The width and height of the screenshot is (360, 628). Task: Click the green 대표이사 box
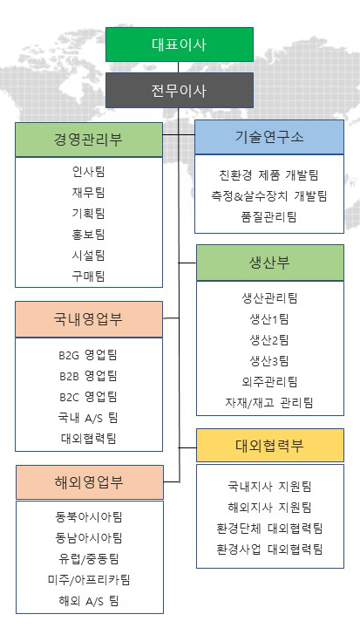(x=180, y=44)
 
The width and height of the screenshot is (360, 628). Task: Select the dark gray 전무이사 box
(x=180, y=90)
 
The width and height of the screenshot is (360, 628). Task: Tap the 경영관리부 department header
(x=89, y=140)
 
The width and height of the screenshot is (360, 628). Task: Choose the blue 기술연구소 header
(x=269, y=138)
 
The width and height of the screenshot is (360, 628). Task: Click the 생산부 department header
(x=270, y=263)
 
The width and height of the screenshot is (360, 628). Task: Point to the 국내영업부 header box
(x=89, y=319)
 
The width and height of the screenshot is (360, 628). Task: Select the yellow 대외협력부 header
(x=270, y=446)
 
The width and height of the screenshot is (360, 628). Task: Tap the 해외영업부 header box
(x=90, y=482)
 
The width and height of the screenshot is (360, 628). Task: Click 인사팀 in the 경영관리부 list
(x=89, y=172)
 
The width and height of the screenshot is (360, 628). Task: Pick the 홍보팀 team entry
(x=89, y=235)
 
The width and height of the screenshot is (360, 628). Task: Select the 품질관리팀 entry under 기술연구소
(x=269, y=217)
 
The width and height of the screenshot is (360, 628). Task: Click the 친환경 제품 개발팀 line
(x=269, y=175)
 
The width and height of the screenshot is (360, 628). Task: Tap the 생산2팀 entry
(x=269, y=340)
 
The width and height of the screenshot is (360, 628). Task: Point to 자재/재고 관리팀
(x=269, y=402)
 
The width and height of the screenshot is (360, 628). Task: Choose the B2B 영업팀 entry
(x=89, y=376)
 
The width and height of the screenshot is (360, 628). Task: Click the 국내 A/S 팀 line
(x=89, y=418)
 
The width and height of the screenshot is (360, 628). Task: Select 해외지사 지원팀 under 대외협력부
(x=269, y=508)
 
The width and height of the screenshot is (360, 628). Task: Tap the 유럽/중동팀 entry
(x=89, y=559)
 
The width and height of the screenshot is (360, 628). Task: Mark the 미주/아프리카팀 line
(x=89, y=579)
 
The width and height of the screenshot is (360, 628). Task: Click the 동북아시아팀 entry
(x=89, y=516)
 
